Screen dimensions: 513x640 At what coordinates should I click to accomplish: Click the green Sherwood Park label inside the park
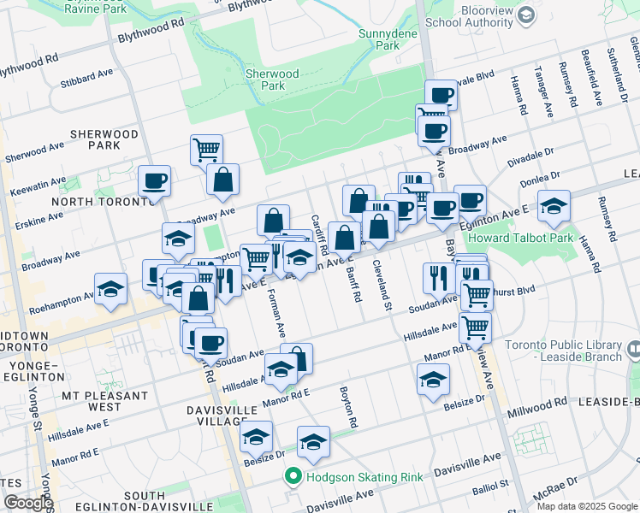[272, 80]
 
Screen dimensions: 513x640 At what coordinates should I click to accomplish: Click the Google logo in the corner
[27, 503]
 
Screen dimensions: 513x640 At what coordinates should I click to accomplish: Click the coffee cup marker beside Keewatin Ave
[155, 181]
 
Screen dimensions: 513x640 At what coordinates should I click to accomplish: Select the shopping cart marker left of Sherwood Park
[206, 150]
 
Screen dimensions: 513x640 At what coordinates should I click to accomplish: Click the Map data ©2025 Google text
[587, 505]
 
